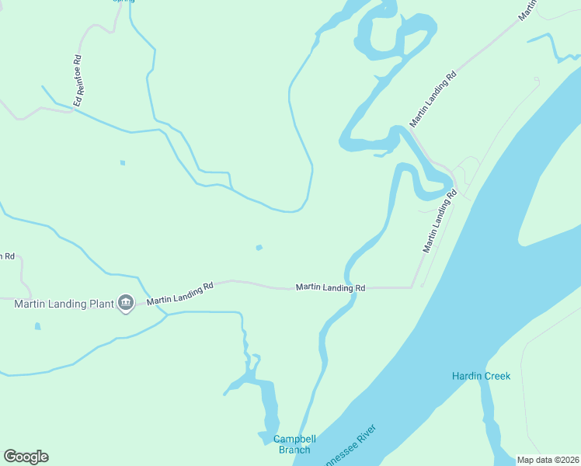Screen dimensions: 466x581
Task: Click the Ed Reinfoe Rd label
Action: (78, 81)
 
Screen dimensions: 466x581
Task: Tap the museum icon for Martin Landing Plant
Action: (126, 303)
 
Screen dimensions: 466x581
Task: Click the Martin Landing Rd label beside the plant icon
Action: (180, 293)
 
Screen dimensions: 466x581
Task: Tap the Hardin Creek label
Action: (482, 377)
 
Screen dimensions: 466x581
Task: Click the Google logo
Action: (26, 457)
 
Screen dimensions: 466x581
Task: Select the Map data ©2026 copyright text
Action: (548, 460)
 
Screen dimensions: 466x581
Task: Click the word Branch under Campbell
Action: (294, 450)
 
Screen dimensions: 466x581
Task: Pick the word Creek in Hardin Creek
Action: (498, 377)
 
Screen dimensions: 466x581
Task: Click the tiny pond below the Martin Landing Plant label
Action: (37, 326)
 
